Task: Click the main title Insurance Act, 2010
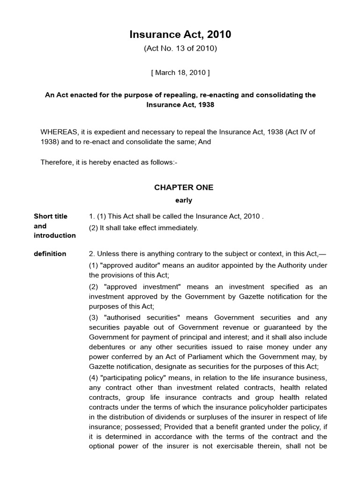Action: tap(180, 35)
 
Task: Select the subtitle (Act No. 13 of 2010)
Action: tap(180, 48)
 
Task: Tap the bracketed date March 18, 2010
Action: tap(180, 73)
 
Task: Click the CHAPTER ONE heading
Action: tap(184, 187)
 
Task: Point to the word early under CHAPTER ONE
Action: tap(184, 200)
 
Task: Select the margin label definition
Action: tap(50, 254)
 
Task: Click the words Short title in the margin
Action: tap(51, 216)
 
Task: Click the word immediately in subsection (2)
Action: tap(180, 228)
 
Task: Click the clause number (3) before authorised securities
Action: tap(94, 317)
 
